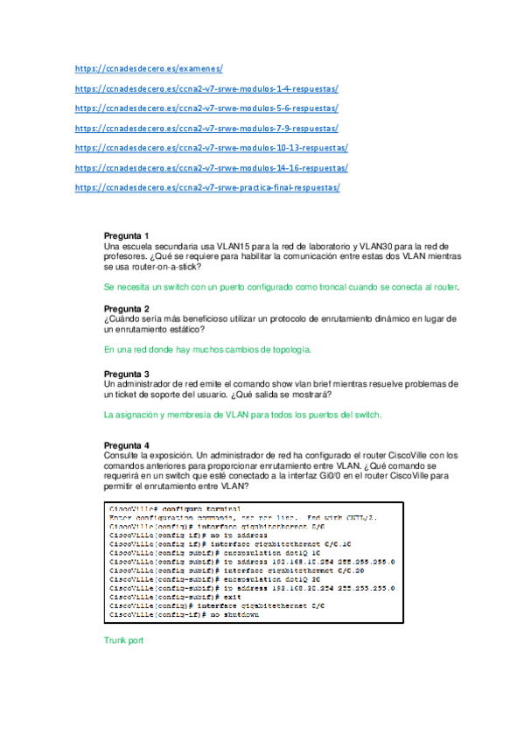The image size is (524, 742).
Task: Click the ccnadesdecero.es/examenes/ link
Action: pos(150,67)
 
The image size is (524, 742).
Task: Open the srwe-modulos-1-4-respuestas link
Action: pos(206,87)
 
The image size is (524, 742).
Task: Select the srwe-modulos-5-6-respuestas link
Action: pos(206,108)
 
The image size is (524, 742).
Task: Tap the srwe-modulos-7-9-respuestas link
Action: pos(206,128)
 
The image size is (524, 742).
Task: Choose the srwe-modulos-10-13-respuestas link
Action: pos(211,148)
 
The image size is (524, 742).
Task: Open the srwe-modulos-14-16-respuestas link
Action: pos(211,168)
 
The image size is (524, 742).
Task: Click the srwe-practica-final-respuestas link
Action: pos(207,188)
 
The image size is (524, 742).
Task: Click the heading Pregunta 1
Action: pos(127,235)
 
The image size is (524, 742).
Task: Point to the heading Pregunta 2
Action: pos(127,309)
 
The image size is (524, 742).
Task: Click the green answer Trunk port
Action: pos(124,640)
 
